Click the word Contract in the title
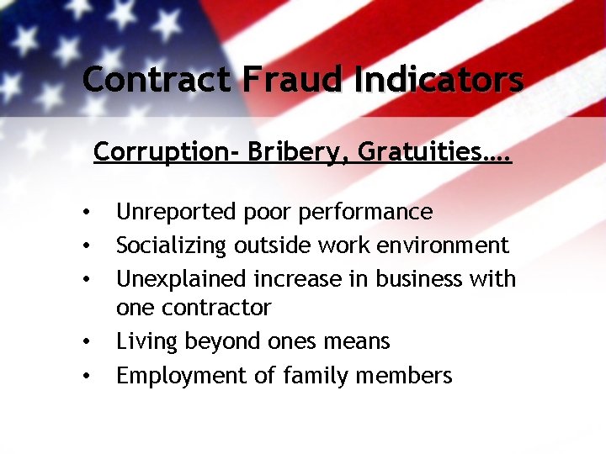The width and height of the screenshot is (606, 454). point(156,80)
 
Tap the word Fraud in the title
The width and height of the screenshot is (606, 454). point(293,80)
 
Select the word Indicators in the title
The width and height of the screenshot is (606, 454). point(439,80)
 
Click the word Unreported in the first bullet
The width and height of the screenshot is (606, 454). point(175,212)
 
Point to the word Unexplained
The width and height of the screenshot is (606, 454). point(178,278)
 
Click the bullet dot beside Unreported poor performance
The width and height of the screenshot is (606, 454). point(87,213)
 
